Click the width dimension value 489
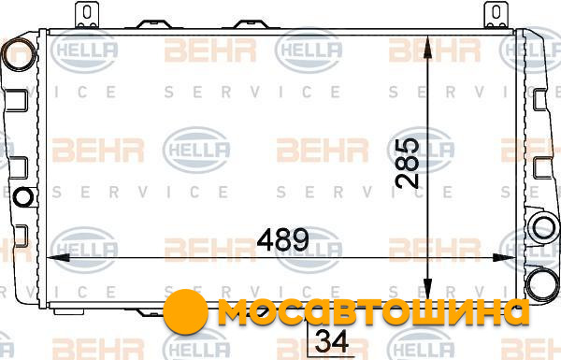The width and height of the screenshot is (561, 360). pos(282,239)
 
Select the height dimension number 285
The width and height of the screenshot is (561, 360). pos(408,163)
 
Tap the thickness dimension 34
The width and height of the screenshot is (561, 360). pos(332,341)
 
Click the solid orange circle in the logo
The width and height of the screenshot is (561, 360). pos(185,311)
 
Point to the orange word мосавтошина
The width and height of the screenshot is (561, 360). pos(373,311)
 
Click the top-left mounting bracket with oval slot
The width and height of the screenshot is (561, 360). pos(87,14)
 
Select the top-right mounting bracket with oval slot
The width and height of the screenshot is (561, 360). pos(496,14)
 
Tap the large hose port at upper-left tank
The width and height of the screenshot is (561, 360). pos(19,54)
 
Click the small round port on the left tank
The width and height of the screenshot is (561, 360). pos(23,196)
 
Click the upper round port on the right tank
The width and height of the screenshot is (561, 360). pos(544,228)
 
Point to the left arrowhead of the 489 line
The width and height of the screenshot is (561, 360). pos(58,257)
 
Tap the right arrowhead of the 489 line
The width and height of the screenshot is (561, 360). pos(504,257)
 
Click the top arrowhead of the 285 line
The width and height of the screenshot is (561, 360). pos(427,47)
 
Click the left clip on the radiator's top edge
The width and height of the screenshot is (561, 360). pos(154,24)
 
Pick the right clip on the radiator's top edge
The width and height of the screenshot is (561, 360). pos(251,24)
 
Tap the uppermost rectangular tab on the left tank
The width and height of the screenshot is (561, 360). pos(17,101)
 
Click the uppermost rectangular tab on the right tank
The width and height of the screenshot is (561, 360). pos(540,100)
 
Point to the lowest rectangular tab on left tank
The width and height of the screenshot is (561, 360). pos(22,237)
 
